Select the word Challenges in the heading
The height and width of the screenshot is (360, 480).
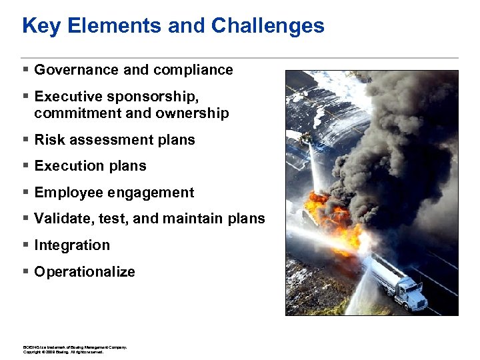click(268, 26)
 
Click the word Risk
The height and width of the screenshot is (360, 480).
click(49, 140)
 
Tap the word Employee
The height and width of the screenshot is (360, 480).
click(68, 193)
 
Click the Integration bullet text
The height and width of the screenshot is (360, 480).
click(72, 245)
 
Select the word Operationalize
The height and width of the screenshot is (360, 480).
click(85, 272)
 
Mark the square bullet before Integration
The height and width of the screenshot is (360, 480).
click(25, 245)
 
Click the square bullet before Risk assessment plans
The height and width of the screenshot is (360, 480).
click(25, 139)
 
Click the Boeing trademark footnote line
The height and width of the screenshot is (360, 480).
click(75, 347)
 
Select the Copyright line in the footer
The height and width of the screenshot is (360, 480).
click(63, 352)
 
